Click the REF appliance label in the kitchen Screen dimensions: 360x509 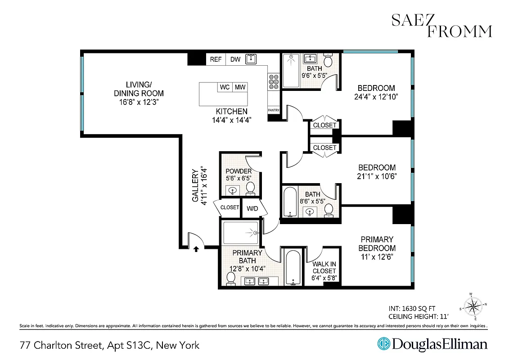point(216,59)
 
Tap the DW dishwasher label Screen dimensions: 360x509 point(235,59)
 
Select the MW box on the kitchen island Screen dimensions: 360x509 point(240,87)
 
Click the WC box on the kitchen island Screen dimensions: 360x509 point(225,87)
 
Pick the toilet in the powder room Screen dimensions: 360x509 point(251,188)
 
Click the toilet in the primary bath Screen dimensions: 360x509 point(231,279)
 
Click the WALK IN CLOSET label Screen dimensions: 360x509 point(324,271)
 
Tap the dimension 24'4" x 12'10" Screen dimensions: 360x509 point(376,96)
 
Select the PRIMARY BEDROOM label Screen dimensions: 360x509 point(377,243)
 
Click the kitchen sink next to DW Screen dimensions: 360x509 point(250,59)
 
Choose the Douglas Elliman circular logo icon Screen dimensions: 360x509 point(383,344)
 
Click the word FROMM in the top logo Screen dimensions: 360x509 point(460,31)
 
